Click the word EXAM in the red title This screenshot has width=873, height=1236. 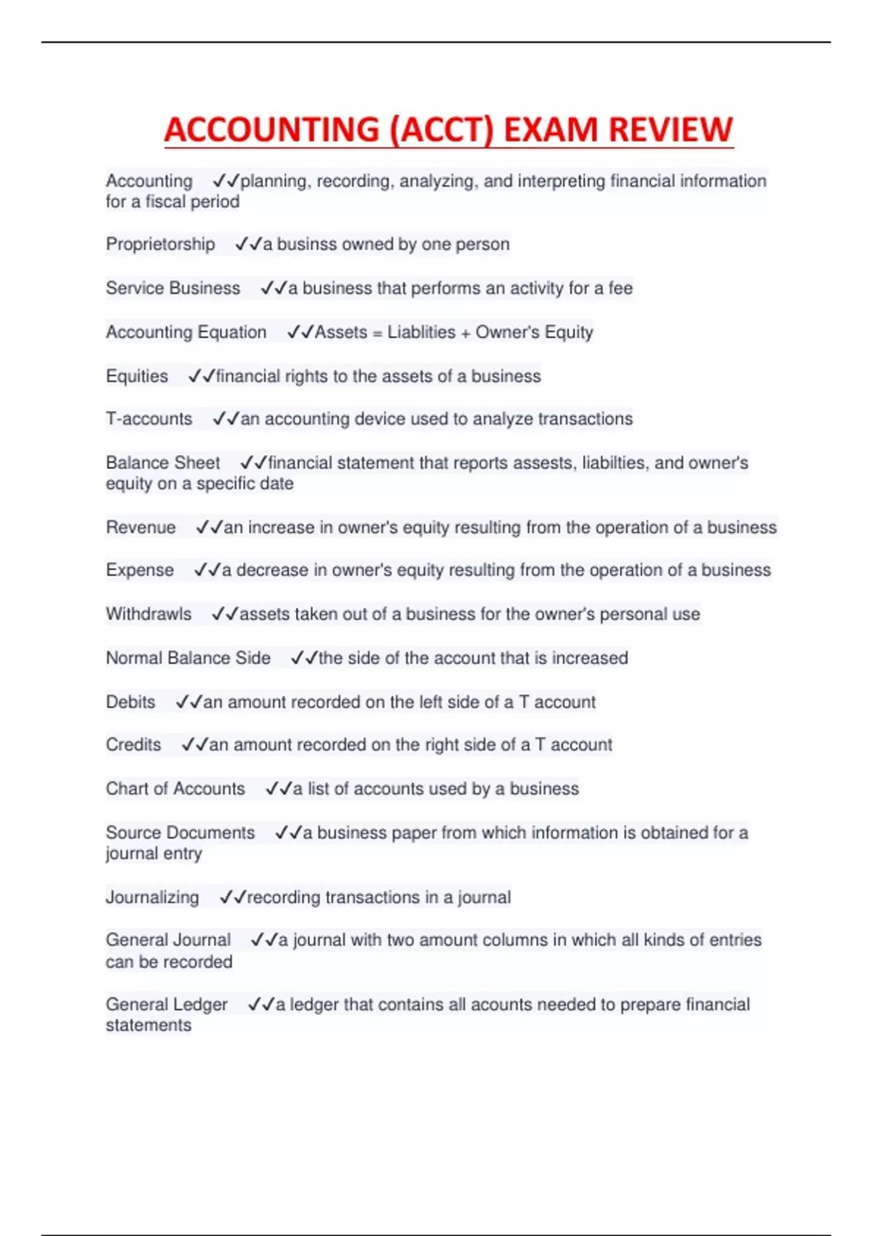coord(551,129)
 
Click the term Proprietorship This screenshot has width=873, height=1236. coord(160,244)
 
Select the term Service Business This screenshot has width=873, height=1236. coord(172,288)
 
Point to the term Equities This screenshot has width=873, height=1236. coord(137,376)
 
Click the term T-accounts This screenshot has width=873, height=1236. coord(149,419)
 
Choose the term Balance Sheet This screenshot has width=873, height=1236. coord(163,462)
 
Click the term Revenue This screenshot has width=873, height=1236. coord(140,527)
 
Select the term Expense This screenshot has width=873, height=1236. coord(140,570)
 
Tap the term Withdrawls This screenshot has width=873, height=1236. coord(148,614)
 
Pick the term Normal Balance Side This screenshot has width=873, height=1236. coord(188,658)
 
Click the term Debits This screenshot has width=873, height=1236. coord(130,702)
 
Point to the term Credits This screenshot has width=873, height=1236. coord(133,745)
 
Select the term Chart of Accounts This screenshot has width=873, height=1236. coord(175,789)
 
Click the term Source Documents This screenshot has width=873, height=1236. coord(180,832)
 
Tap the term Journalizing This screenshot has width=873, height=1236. coord(152,897)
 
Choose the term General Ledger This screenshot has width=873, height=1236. coord(167,1004)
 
